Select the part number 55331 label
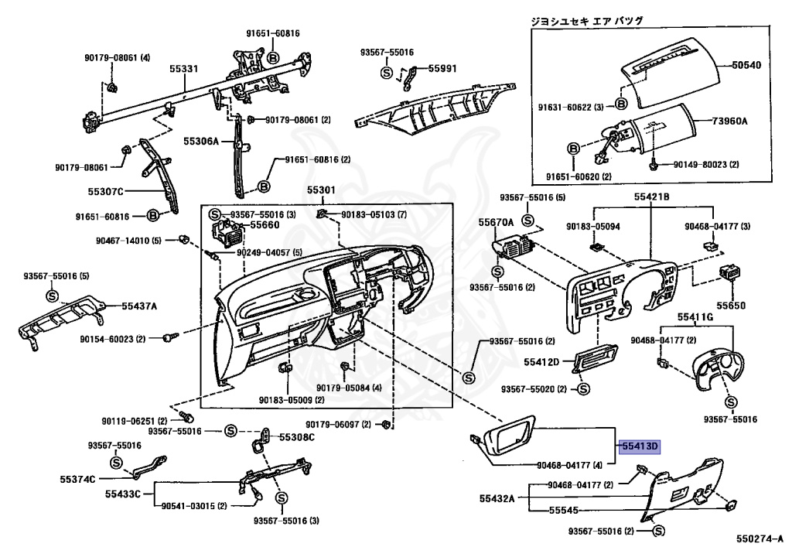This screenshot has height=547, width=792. point(185,69)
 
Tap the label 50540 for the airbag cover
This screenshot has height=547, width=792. point(747,65)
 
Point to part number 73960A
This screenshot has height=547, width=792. point(741,121)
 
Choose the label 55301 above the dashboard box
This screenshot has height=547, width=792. point(321,190)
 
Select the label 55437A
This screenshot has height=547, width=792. point(139,306)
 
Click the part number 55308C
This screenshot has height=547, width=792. point(297,437)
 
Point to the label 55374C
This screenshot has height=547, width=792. point(77,479)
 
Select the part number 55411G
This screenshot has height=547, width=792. point(695,317)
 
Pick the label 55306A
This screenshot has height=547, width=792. point(202,142)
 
